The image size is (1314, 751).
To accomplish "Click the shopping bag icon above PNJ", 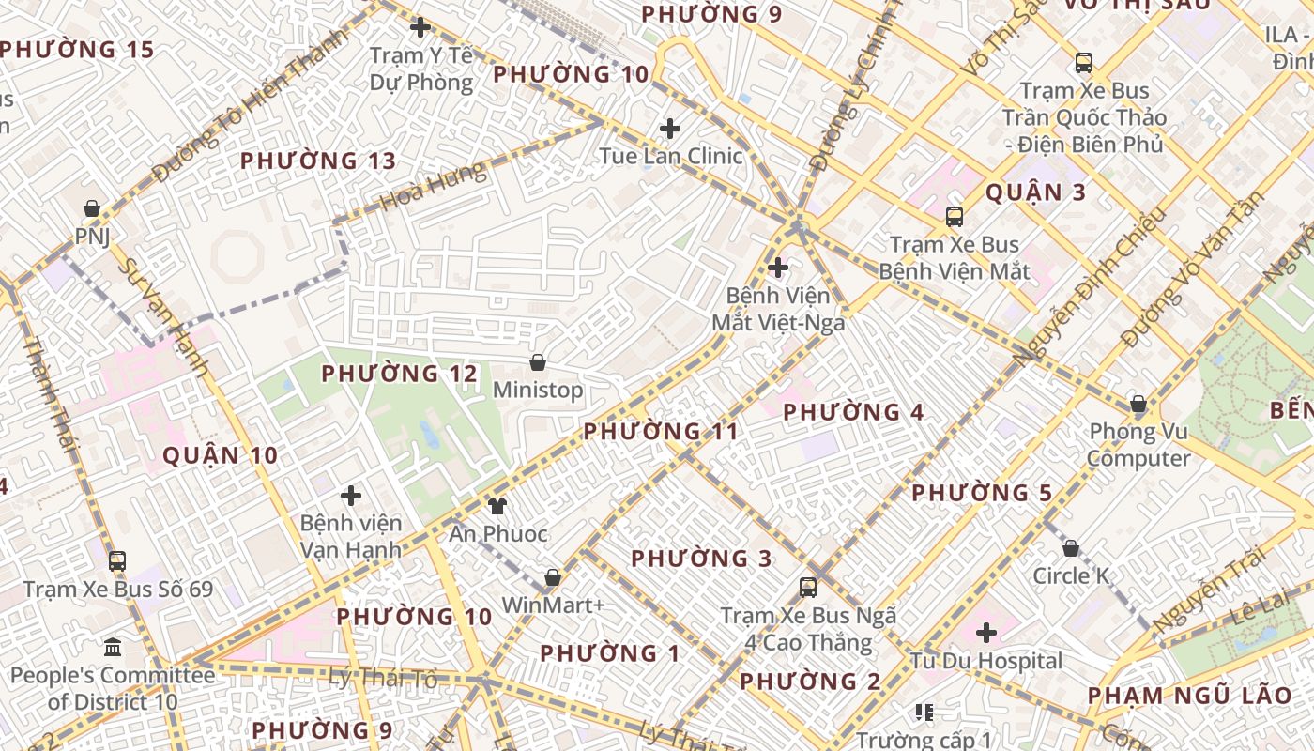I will [92, 208].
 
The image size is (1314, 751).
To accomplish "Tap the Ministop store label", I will [538, 390].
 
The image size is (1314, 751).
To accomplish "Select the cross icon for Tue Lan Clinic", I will [670, 129].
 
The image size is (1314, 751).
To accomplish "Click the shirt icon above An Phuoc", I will [497, 506].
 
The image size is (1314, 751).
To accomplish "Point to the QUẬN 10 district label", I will [221, 456].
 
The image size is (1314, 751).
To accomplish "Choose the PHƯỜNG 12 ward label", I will [400, 374].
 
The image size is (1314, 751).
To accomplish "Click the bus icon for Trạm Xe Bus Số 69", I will [117, 561].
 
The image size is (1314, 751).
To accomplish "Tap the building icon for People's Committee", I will [114, 647].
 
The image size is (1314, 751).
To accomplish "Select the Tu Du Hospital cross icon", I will [985, 633].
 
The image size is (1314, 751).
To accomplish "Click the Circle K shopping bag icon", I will [1070, 548].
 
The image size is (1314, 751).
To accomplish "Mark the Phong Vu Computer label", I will [1138, 445].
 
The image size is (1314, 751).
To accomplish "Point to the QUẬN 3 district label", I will [1035, 193].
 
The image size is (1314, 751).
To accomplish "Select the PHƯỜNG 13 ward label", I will [318, 161].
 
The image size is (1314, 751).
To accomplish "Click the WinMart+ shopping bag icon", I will [553, 577].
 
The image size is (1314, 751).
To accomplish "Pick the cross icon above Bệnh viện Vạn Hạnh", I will [351, 495].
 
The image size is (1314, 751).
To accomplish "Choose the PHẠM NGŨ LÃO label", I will [1190, 696].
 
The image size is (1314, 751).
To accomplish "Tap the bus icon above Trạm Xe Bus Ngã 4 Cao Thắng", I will [807, 588].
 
